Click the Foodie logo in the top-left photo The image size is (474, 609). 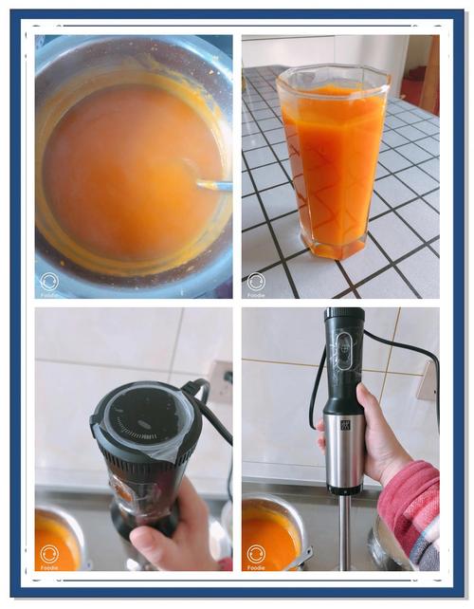50,283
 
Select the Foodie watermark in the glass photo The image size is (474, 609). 256,283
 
